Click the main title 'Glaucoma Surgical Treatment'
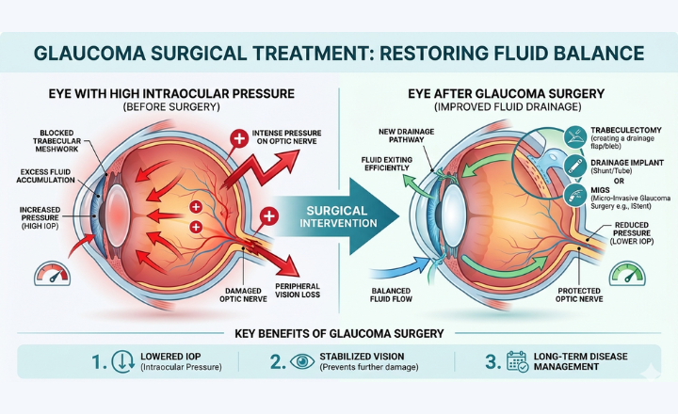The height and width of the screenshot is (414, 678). click(338, 55)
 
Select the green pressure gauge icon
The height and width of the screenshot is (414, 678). click(625, 274)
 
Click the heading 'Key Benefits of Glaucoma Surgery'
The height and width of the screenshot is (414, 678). click(338, 334)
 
